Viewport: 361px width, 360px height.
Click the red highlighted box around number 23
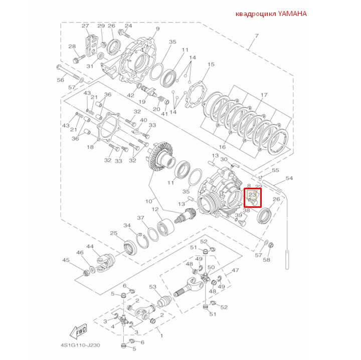point(252,197)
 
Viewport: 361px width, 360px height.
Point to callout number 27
point(85,26)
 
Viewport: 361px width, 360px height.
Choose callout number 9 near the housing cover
point(157,29)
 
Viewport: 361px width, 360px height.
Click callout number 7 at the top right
point(256,36)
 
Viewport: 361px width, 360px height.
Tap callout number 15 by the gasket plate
point(211,65)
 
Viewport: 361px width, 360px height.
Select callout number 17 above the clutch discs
point(264,95)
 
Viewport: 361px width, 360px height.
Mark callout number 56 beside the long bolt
point(61,80)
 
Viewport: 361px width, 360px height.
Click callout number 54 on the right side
point(289,178)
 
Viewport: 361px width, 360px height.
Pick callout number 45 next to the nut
point(66,260)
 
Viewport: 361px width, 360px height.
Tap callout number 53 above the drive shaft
point(153,287)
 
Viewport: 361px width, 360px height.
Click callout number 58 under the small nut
point(267,260)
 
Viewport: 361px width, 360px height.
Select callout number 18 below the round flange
point(91,147)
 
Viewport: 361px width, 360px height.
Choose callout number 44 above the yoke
point(90,247)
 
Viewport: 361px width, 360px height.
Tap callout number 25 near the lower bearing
point(113,233)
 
